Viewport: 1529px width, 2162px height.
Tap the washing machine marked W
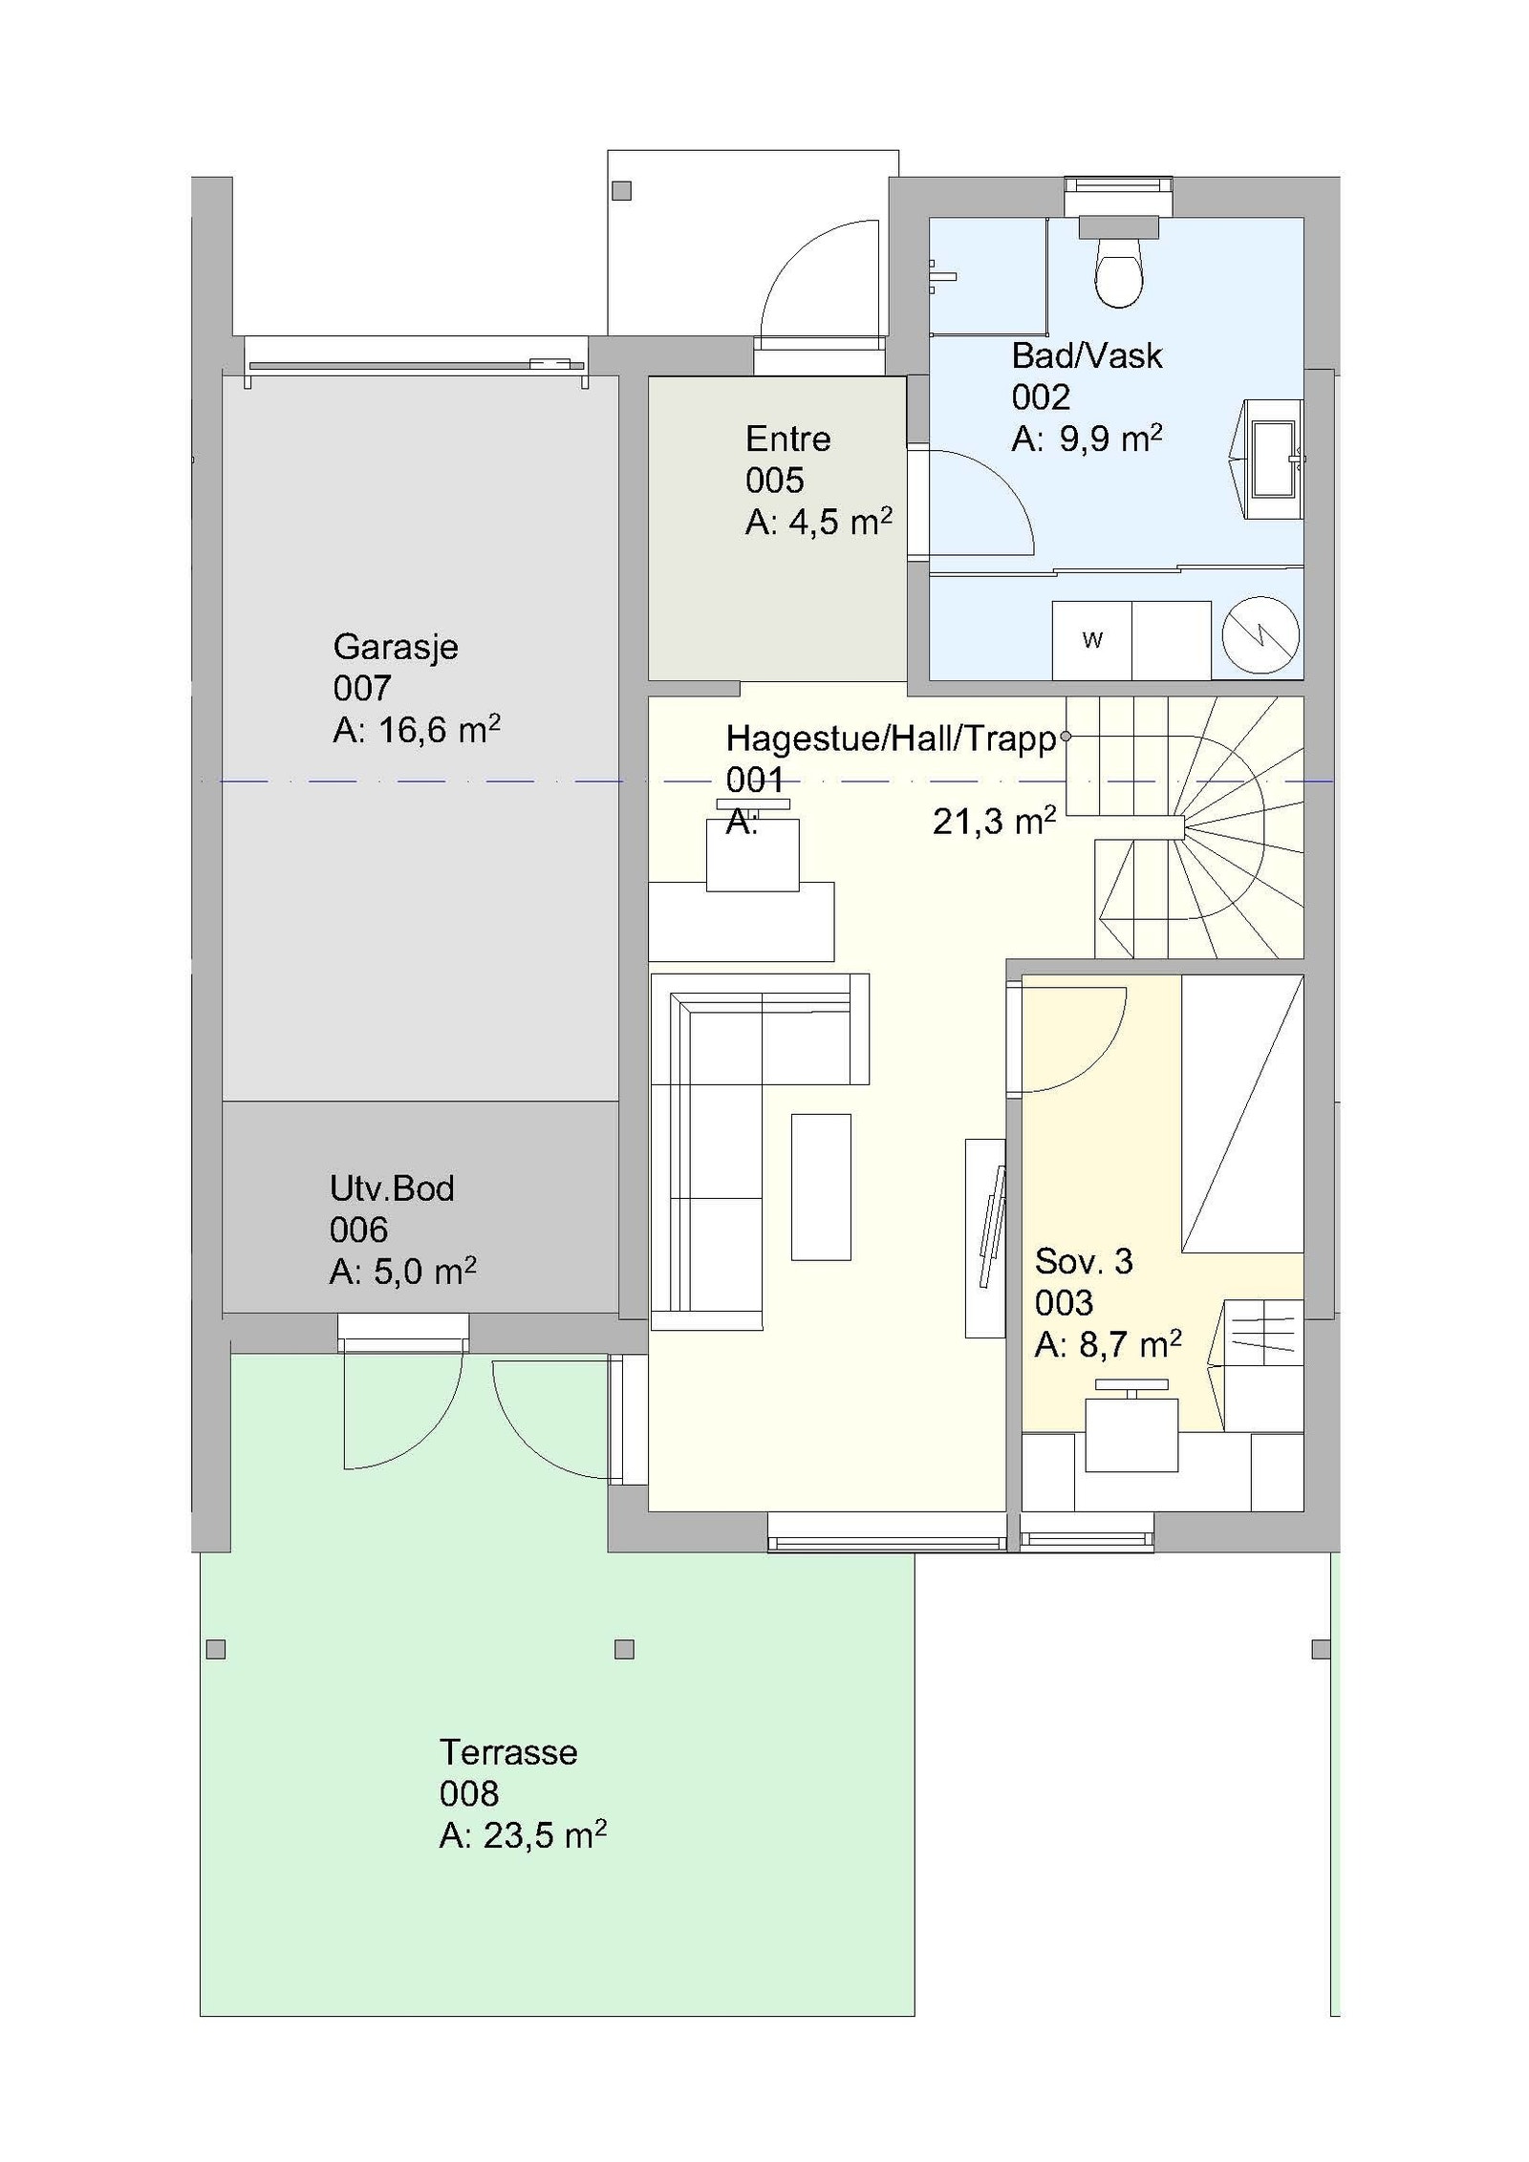pyautogui.click(x=1091, y=640)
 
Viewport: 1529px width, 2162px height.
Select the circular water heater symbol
pyautogui.click(x=1260, y=635)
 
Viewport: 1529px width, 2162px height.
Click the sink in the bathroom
pyautogui.click(x=1272, y=460)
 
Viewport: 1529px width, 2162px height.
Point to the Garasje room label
pyautogui.click(x=395, y=647)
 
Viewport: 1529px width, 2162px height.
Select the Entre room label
pyautogui.click(x=787, y=439)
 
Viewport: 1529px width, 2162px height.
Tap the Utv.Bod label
pyautogui.click(x=392, y=1188)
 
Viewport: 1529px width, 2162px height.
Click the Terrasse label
pyautogui.click(x=507, y=1752)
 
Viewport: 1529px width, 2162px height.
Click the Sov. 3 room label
pyautogui.click(x=1083, y=1262)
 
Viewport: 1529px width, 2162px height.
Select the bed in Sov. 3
pyautogui.click(x=1241, y=1113)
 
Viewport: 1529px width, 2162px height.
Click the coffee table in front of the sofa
pyautogui.click(x=820, y=1187)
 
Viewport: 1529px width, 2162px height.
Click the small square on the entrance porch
pyautogui.click(x=621, y=191)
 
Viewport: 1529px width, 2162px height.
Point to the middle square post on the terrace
pyautogui.click(x=624, y=1649)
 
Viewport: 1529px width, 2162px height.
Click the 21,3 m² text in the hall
pyautogui.click(x=994, y=822)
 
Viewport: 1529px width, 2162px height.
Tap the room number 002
pyautogui.click(x=1040, y=397)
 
